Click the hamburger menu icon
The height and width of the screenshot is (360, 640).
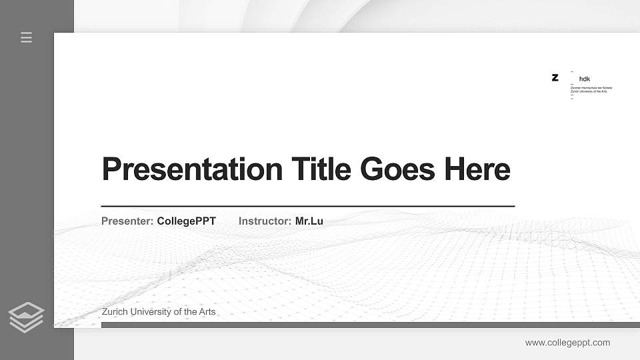(x=27, y=37)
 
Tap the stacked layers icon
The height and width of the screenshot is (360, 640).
(x=27, y=317)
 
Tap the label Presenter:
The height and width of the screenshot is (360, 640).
(x=127, y=221)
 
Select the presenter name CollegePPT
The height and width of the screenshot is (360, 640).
(x=187, y=221)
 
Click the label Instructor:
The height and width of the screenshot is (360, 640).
(x=265, y=221)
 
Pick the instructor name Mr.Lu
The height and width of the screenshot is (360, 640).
(x=309, y=221)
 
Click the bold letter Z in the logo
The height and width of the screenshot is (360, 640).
(x=555, y=77)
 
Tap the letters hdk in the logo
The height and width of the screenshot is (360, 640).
(x=585, y=79)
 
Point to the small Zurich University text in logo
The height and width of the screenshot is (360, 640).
(x=589, y=91)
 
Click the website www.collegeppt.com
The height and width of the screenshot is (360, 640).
(x=567, y=343)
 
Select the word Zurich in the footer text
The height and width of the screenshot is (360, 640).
(x=116, y=311)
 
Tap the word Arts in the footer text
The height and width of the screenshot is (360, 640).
(x=206, y=311)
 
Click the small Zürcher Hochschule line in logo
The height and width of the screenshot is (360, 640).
(x=591, y=87)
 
